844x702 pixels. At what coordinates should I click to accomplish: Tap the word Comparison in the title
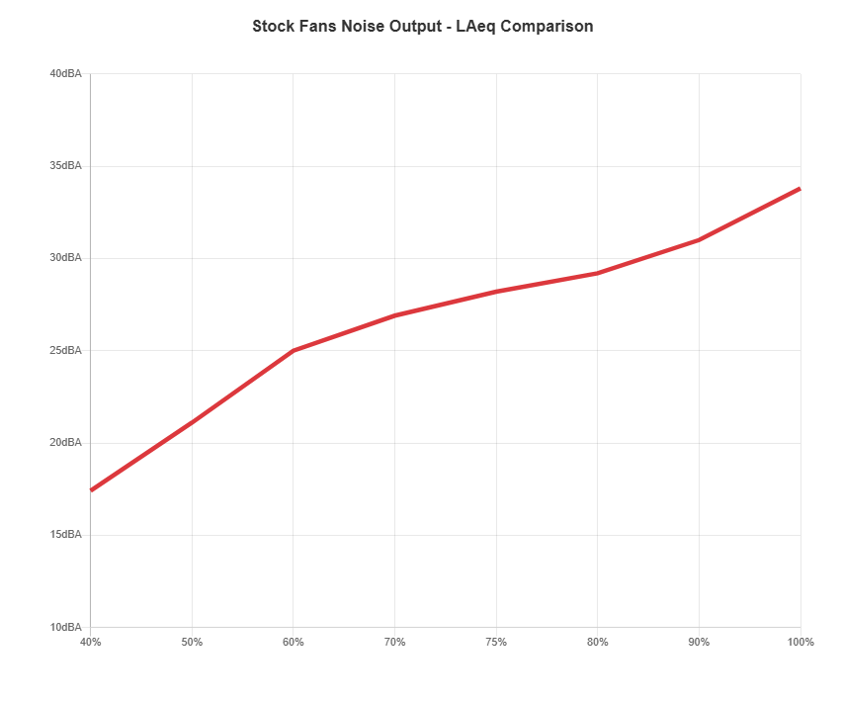tap(547, 27)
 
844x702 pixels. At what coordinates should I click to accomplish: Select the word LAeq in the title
tap(475, 27)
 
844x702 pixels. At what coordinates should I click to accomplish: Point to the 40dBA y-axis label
tap(65, 73)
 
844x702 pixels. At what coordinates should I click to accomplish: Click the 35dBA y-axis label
tap(65, 165)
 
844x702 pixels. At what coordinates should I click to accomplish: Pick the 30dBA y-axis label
tap(65, 257)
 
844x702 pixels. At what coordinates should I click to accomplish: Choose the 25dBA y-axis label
tap(65, 350)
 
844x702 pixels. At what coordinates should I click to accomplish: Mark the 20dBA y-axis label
tap(65, 442)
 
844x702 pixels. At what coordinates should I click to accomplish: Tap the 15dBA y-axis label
tap(65, 534)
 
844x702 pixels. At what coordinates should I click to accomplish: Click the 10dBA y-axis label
tap(65, 627)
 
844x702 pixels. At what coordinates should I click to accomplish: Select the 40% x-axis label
tap(91, 642)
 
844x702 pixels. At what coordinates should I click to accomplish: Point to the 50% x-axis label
tap(192, 642)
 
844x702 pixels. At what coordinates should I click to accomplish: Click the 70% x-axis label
tap(394, 642)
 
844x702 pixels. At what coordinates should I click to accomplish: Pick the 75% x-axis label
tap(496, 642)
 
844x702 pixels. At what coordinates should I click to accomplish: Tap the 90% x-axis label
tap(699, 642)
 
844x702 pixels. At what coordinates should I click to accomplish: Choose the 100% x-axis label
tap(801, 642)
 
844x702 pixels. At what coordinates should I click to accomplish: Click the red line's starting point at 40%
tap(91, 490)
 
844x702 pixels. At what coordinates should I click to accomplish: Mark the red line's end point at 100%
tap(800, 188)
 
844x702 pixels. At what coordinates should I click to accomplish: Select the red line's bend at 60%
tap(294, 350)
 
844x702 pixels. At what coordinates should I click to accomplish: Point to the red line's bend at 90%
tap(699, 240)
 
